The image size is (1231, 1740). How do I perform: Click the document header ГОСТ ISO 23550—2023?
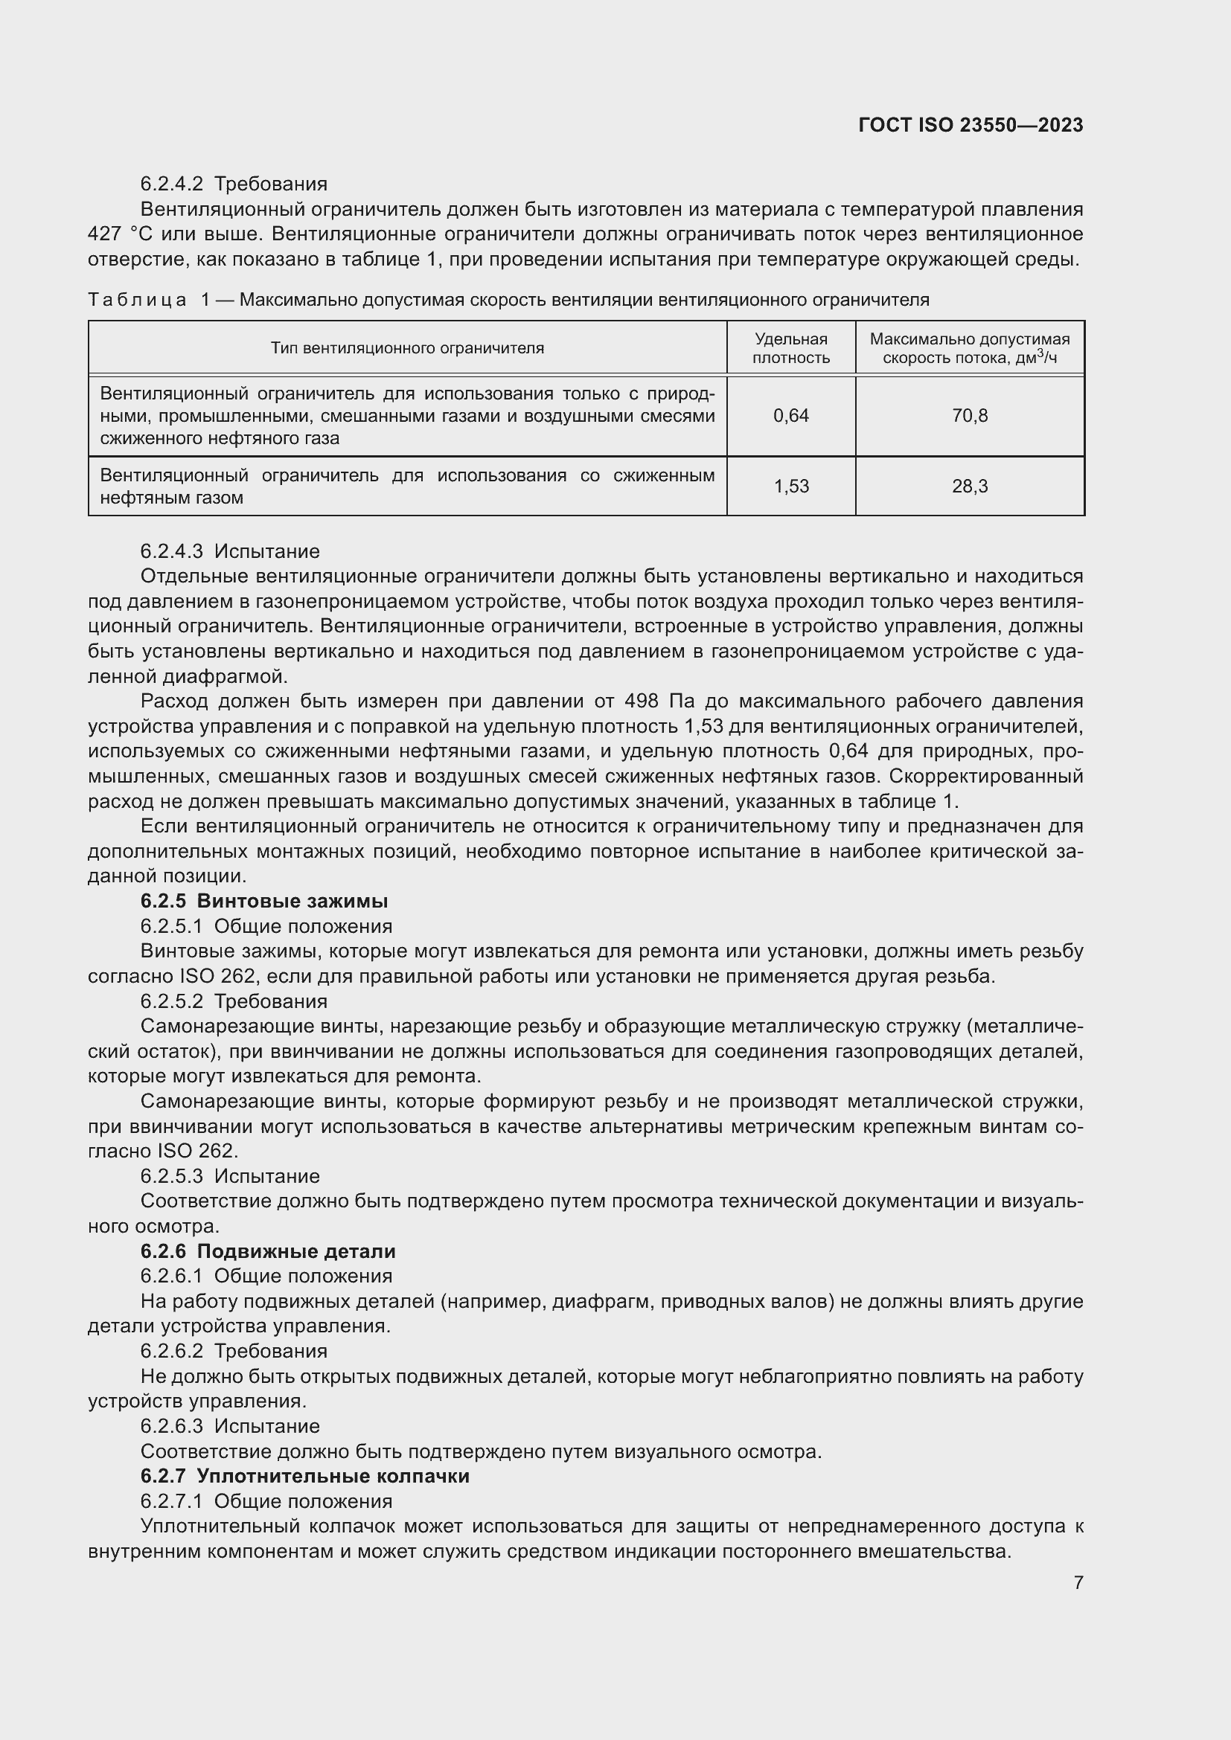[971, 125]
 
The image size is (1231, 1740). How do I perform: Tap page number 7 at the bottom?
[1078, 1582]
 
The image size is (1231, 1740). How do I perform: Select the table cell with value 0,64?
[790, 415]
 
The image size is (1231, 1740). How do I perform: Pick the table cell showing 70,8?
[970, 415]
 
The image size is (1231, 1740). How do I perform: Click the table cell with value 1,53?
[790, 486]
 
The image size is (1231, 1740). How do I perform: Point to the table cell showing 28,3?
[970, 486]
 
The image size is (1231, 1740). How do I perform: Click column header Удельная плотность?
[790, 348]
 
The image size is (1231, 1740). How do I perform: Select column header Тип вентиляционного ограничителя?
[407, 348]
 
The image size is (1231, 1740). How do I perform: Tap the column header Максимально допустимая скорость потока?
[970, 348]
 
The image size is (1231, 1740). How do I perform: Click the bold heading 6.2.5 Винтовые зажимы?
[263, 901]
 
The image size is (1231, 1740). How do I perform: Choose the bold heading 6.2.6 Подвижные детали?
[268, 1251]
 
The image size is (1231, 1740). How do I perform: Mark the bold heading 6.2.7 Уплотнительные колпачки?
[304, 1476]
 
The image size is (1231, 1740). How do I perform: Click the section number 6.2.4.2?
[171, 184]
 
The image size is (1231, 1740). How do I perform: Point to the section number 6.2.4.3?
[171, 551]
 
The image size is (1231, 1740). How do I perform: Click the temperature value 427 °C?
[121, 234]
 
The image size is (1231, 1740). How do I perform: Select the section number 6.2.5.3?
[171, 1176]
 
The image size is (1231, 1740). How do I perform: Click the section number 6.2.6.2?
[171, 1351]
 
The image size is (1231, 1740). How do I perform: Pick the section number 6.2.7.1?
[171, 1501]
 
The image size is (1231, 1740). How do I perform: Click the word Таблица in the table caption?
[136, 300]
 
